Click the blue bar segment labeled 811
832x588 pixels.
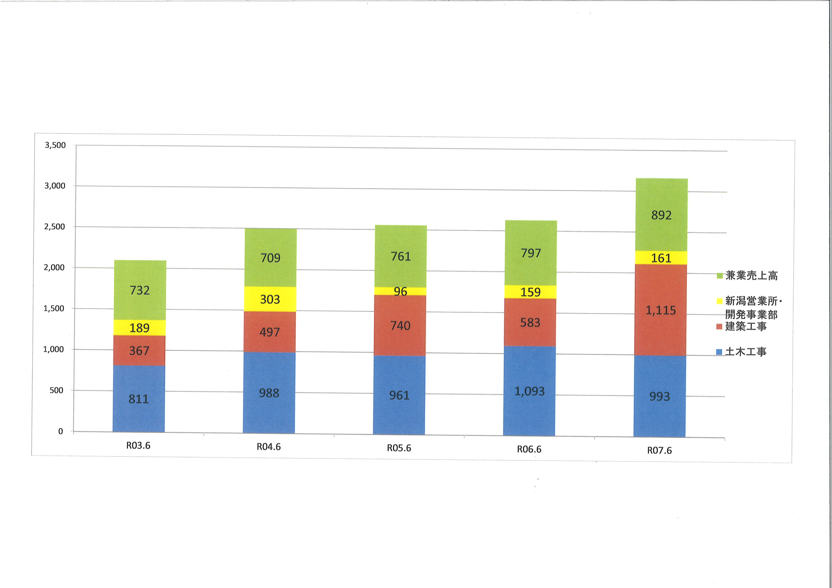(x=139, y=398)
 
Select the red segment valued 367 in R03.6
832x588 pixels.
(x=139, y=350)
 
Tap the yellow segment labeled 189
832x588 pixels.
(x=139, y=328)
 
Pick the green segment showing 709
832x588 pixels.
(x=270, y=257)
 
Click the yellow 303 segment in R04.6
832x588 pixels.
(x=270, y=299)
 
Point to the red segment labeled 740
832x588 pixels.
(x=400, y=326)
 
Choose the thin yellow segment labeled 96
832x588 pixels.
(x=400, y=291)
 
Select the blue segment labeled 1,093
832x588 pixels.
(x=530, y=391)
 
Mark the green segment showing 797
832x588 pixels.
(x=531, y=253)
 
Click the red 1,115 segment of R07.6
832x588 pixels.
(x=661, y=310)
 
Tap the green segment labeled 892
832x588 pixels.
(x=661, y=215)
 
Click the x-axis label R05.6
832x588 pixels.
(x=399, y=448)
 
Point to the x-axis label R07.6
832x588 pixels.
(x=660, y=450)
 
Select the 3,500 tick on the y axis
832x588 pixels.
(x=55, y=145)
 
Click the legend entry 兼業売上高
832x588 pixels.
(x=751, y=276)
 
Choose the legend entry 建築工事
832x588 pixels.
(x=745, y=326)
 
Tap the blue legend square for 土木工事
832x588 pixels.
(x=719, y=352)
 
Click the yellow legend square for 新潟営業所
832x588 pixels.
(x=720, y=301)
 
